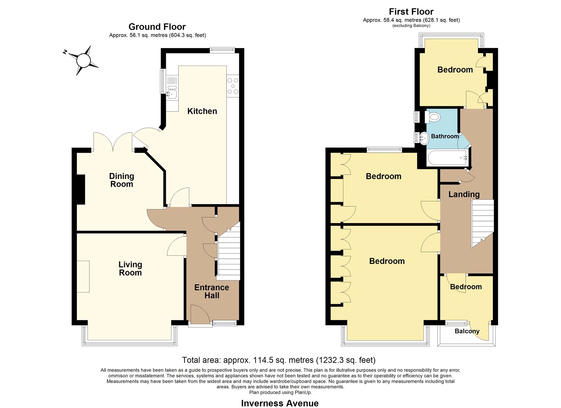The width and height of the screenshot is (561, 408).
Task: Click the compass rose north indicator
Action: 65,52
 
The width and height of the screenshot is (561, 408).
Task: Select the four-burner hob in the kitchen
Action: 233,86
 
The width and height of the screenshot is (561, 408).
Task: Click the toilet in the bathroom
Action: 433,117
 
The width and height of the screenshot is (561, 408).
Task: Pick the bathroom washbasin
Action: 424,138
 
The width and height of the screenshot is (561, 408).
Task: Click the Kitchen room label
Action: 202,111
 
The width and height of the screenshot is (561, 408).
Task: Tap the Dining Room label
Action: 122,180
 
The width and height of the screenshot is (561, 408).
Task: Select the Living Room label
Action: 130,268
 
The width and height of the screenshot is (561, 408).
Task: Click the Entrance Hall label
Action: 212,291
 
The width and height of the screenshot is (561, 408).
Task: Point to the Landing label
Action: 464,194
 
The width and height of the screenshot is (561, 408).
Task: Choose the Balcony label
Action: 467,331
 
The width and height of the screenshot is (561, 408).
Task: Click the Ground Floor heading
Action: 157,27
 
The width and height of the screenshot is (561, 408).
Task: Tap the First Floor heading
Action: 411,12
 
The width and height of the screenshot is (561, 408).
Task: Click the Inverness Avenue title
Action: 280,403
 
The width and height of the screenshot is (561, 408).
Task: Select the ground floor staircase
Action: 228,250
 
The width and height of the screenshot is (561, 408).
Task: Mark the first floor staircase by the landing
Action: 482,223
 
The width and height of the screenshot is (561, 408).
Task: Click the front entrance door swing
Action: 200,314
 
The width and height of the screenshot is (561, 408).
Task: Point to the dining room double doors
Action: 113,142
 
